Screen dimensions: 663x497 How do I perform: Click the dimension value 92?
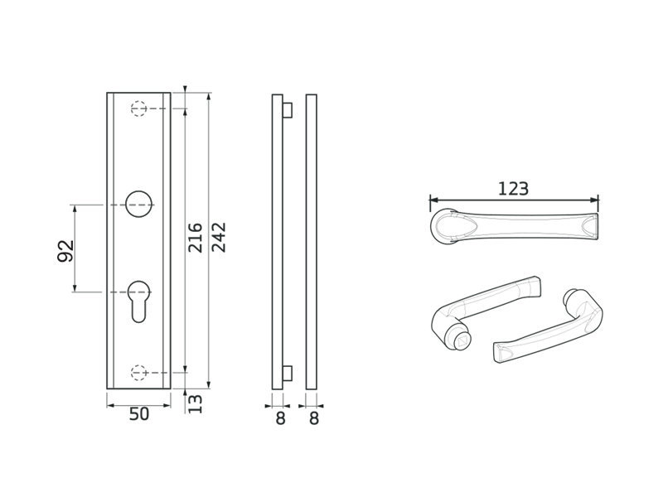pyautogui.click(x=66, y=251)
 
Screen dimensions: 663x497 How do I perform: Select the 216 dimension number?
pyautogui.click(x=195, y=238)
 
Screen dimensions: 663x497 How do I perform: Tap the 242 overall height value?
pyautogui.click(x=219, y=237)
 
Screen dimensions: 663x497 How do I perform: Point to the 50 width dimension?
pyautogui.click(x=139, y=414)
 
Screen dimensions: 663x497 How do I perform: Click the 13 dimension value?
pyautogui.click(x=195, y=404)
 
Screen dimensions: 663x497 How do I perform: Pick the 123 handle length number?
pyautogui.click(x=513, y=189)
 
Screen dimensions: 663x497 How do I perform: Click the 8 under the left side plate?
pyautogui.click(x=280, y=418)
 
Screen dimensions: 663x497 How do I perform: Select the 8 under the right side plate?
pyautogui.click(x=314, y=418)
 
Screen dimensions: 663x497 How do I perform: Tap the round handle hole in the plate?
pyautogui.click(x=138, y=205)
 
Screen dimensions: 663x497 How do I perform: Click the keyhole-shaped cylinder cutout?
pyautogui.click(x=138, y=301)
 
